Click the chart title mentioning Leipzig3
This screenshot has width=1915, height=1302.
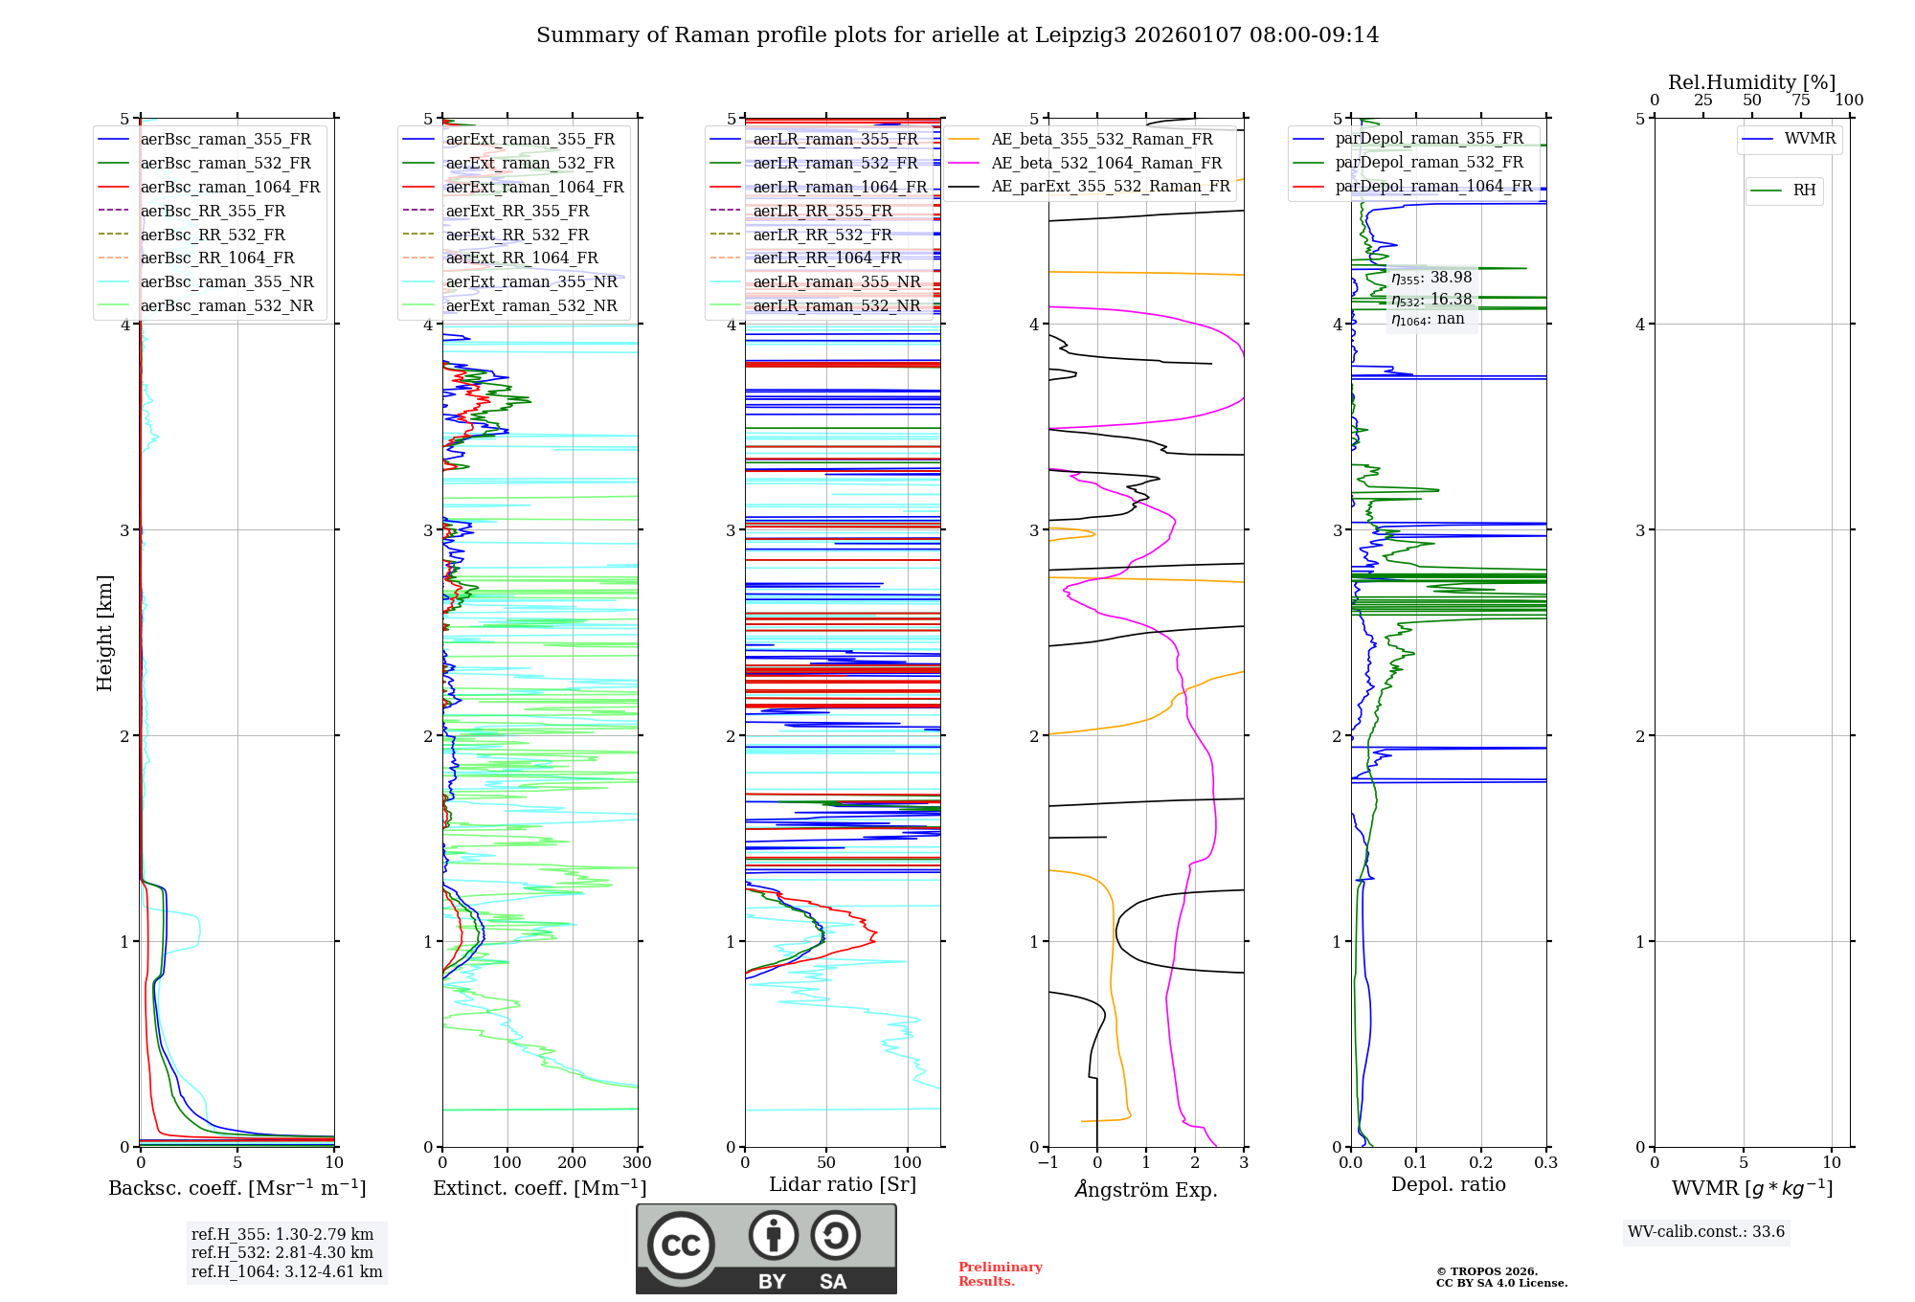click(x=957, y=35)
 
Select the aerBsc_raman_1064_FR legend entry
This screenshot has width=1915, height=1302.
click(x=230, y=188)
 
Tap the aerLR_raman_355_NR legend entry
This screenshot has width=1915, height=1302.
click(x=836, y=281)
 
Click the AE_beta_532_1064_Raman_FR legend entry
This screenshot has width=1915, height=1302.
click(x=1106, y=163)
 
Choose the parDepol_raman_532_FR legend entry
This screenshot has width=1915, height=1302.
click(x=1429, y=163)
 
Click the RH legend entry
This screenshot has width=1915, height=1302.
click(x=1804, y=191)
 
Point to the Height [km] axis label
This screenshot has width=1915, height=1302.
click(x=104, y=632)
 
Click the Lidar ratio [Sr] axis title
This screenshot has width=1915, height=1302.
click(x=843, y=1184)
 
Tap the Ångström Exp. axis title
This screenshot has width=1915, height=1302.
click(x=1146, y=1189)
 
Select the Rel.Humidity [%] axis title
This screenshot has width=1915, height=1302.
click(x=1752, y=82)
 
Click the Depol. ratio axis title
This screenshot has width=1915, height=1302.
click(x=1449, y=1184)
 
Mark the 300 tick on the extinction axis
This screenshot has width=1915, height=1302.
click(x=638, y=1163)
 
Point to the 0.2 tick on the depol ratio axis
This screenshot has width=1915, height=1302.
click(x=1481, y=1163)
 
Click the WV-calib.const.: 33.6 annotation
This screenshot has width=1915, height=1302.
click(x=1706, y=1232)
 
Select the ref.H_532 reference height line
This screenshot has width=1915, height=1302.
click(x=282, y=1252)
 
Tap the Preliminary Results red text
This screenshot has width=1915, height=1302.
click(x=1000, y=1274)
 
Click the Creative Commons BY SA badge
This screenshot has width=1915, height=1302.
click(x=766, y=1249)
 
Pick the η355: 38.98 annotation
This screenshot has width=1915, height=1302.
click(x=1431, y=278)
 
